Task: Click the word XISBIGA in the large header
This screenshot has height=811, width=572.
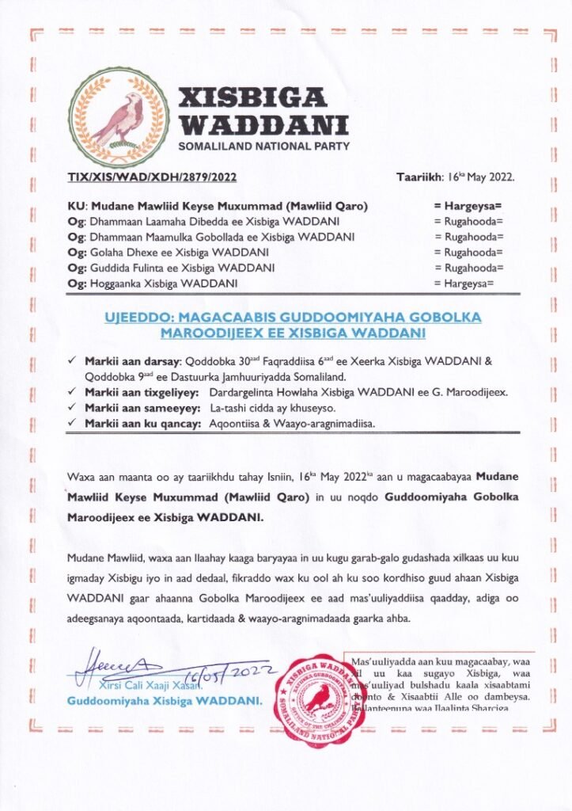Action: click(252, 97)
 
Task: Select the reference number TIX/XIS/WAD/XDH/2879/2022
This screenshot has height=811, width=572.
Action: click(152, 176)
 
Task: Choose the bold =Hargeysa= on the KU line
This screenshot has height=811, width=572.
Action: click(468, 207)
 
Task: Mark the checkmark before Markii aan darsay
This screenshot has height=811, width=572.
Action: click(72, 361)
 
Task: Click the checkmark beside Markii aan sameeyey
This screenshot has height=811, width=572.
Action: click(72, 408)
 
